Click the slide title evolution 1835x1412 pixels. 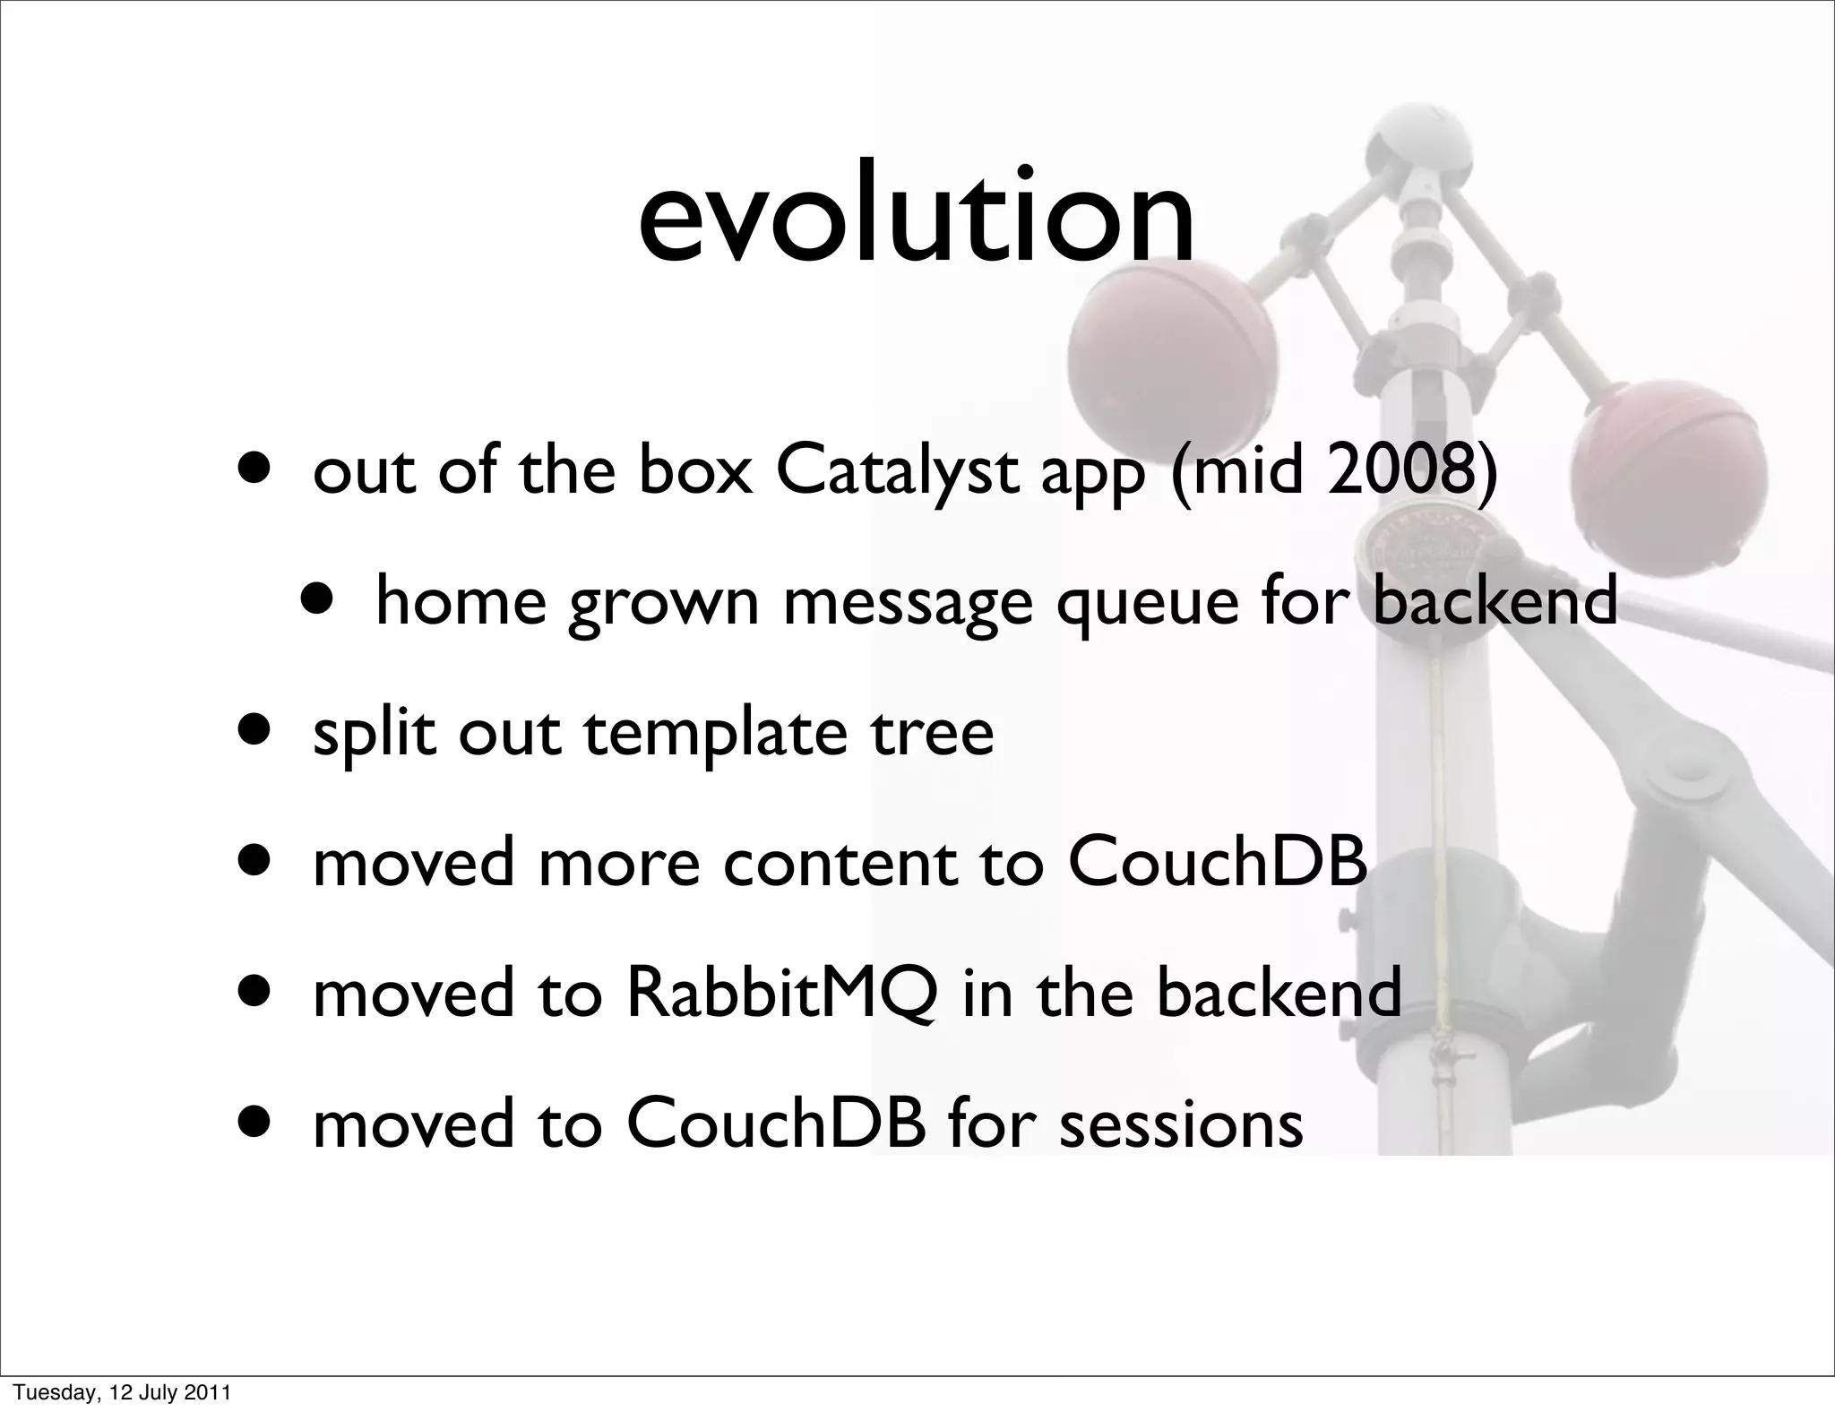click(916, 219)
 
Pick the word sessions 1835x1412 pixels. click(1181, 1124)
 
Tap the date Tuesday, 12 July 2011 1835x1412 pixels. click(124, 1392)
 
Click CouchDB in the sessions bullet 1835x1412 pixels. click(775, 1124)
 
